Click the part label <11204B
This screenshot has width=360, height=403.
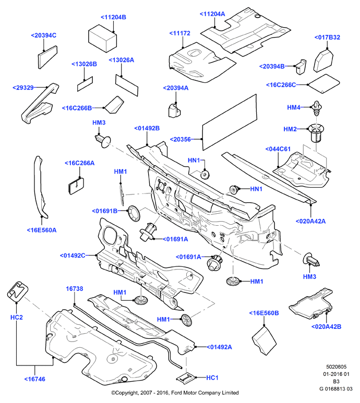click(113, 17)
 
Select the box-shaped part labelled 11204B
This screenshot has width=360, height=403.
click(102, 38)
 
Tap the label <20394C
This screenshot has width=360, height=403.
click(43, 35)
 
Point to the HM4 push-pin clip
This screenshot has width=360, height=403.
click(317, 108)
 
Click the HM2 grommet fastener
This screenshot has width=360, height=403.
click(316, 132)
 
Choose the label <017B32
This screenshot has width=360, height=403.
click(327, 37)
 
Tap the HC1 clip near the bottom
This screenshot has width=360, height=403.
click(185, 378)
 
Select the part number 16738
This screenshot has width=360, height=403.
click(75, 289)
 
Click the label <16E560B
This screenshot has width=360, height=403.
click(264, 313)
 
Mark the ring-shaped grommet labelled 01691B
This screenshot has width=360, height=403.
click(135, 213)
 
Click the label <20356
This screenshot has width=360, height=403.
click(180, 139)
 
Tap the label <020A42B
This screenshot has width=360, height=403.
click(326, 327)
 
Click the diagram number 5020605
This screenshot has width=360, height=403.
click(337, 367)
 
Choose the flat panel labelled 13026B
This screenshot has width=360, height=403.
click(85, 84)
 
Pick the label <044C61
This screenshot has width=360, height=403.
click(278, 149)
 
